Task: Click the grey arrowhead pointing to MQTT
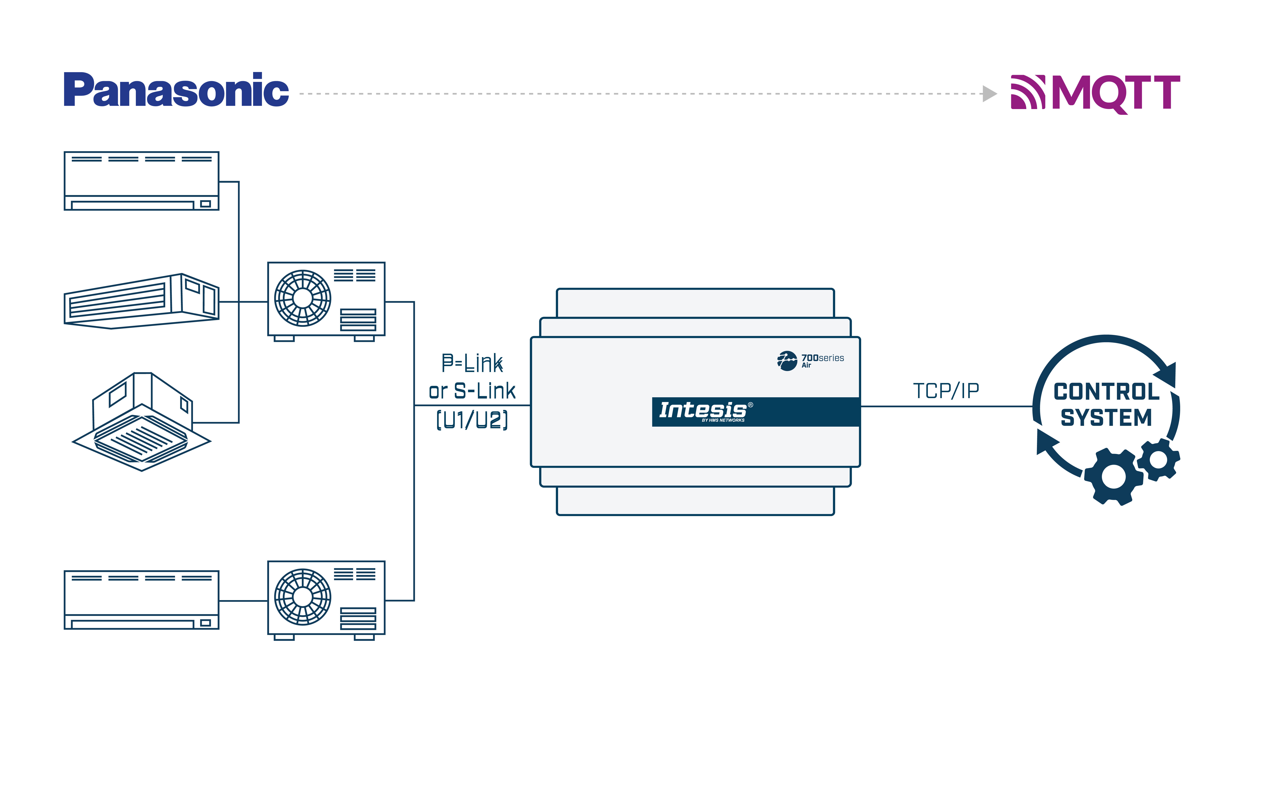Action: (x=989, y=94)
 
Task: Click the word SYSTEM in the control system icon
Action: (x=1106, y=417)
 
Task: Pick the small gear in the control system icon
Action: (x=1159, y=459)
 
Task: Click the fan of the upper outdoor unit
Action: (x=302, y=298)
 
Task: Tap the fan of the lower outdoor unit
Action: (x=302, y=597)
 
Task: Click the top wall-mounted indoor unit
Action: (x=141, y=180)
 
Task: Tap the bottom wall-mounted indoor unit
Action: (x=141, y=599)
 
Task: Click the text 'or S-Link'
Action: (x=472, y=391)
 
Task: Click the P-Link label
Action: (x=472, y=363)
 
